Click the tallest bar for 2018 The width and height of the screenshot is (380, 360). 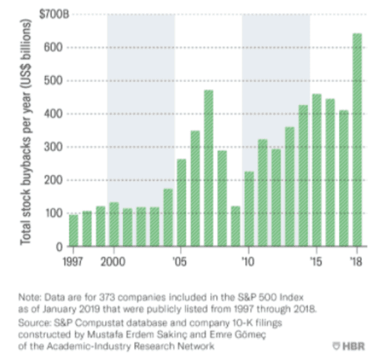[x=357, y=140]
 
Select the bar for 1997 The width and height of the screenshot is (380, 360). [x=73, y=231]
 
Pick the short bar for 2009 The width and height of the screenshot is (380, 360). [x=236, y=226]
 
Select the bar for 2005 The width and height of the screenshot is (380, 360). [x=182, y=202]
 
